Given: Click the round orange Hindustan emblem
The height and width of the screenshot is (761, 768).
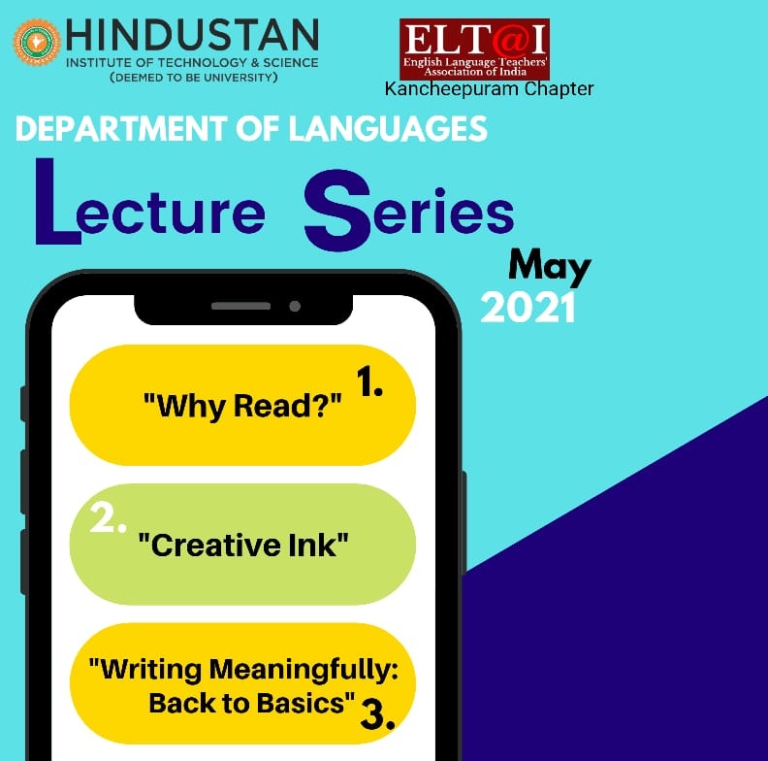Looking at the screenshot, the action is click(x=37, y=42).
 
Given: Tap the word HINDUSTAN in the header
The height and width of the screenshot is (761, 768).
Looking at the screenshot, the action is click(x=192, y=35).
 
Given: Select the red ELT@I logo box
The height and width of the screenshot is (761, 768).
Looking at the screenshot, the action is click(x=474, y=50).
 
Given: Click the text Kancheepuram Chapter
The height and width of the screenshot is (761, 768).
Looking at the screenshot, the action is click(x=489, y=89).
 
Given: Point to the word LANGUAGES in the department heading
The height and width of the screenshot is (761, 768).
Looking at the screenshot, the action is click(x=388, y=129).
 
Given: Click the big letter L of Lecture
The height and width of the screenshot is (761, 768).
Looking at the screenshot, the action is click(x=57, y=201).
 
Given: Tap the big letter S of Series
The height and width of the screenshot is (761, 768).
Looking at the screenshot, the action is click(x=337, y=210).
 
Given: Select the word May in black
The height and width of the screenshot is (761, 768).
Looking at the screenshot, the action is click(x=550, y=268).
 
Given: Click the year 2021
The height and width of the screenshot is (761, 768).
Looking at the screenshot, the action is click(x=528, y=308).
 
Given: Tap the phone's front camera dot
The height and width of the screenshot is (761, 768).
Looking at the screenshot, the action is click(x=295, y=307).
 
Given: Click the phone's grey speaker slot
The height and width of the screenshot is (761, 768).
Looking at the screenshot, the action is click(x=240, y=306).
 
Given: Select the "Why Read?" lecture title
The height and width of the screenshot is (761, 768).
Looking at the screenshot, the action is click(x=242, y=406).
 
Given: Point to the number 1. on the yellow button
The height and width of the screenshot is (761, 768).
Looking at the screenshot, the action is click(x=369, y=381).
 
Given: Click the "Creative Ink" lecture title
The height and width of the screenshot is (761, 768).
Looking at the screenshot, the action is click(x=243, y=545).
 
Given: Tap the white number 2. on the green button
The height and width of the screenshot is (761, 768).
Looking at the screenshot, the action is click(x=109, y=518).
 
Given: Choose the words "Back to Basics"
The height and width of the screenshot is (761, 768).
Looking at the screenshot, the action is click(x=252, y=703).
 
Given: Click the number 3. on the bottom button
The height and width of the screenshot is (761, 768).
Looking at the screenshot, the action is click(x=377, y=714).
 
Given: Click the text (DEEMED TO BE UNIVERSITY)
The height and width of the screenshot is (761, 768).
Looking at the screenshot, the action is click(x=194, y=78).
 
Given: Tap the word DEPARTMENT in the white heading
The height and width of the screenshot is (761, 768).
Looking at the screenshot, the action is click(x=121, y=129).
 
